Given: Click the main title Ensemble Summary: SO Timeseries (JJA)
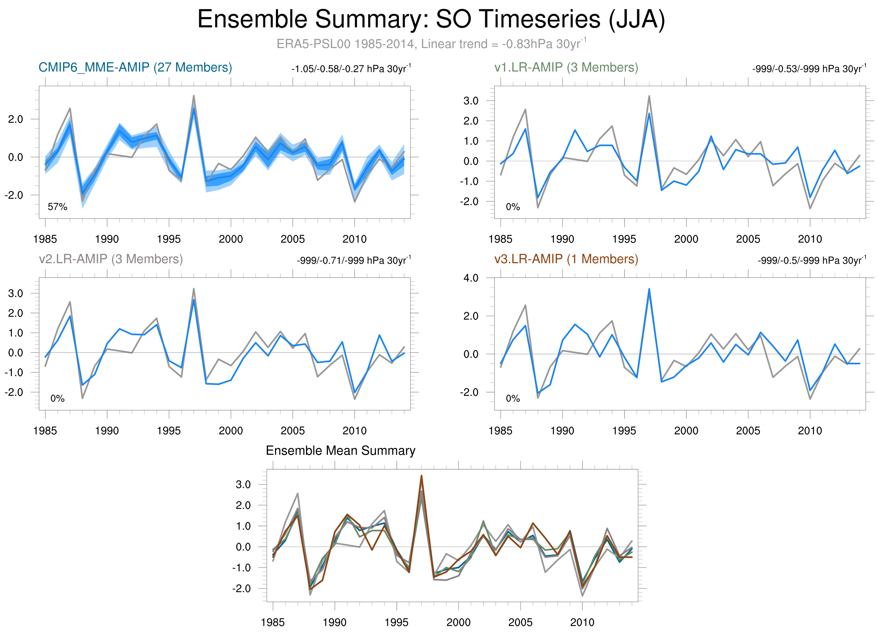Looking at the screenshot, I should pos(431,19).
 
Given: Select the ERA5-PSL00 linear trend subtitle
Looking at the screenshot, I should pos(431,44).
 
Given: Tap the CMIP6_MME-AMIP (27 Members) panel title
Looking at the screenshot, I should pos(135,67).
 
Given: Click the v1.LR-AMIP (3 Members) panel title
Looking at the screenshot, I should pos(566,67).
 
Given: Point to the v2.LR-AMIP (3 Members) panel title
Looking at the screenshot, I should pos(111,259).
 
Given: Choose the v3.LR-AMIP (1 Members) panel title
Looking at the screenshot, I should pos(566,259).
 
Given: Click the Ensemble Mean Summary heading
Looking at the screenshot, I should pos(340,451).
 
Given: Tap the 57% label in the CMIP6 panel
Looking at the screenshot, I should pos(57,207).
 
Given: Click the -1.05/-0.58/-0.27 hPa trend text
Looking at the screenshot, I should pos(351,69).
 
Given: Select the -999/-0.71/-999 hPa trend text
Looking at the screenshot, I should pos(354,260).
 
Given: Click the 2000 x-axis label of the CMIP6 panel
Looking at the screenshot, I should pos(230,239).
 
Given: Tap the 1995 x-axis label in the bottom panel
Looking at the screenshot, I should pos(396,623).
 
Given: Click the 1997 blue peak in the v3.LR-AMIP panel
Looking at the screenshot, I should pos(649,289).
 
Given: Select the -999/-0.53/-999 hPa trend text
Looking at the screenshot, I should pos(809,69).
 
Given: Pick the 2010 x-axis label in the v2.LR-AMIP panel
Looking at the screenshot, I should pos(354,431).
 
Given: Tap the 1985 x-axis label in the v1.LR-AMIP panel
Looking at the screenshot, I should pos(500,239).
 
